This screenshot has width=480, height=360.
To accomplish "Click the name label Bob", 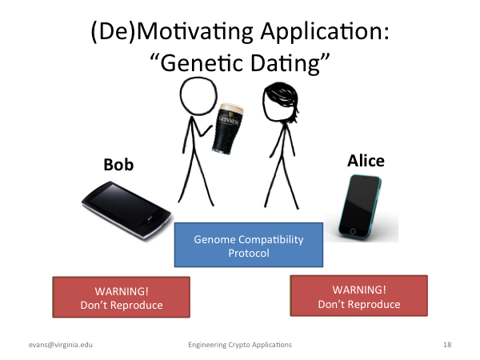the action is [118, 165].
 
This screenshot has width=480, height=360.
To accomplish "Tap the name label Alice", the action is [366, 161].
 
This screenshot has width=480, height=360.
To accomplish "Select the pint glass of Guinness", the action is [227, 128].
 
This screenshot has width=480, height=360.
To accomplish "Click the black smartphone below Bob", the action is [126, 210].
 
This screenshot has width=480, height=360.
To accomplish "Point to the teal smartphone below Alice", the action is [360, 206].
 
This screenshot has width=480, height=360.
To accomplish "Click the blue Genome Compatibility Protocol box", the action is [249, 245].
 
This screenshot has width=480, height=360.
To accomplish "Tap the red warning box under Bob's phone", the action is [122, 297].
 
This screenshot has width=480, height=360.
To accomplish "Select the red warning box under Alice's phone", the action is [358, 295].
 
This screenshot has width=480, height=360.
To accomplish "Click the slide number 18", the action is [447, 345].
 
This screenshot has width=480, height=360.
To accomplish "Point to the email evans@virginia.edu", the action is [61, 345].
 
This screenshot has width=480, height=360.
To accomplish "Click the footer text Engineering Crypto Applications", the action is [240, 345].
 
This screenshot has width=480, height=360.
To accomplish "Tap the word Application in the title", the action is [325, 32].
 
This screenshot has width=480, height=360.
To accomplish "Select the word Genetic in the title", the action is [202, 63].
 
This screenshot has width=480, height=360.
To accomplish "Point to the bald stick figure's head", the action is [198, 96].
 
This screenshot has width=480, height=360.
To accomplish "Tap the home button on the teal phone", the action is [352, 231].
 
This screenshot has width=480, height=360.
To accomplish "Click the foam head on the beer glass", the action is [231, 108].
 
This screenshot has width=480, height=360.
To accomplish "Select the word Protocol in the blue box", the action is [249, 253].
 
